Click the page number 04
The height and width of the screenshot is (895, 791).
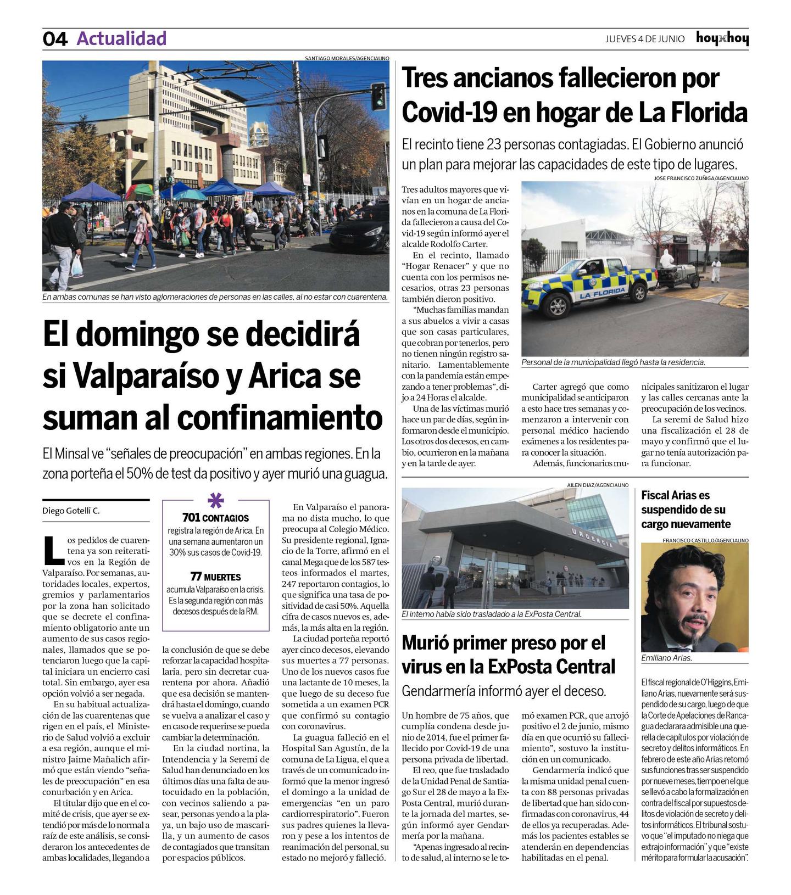55,39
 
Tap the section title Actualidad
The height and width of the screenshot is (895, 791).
121,38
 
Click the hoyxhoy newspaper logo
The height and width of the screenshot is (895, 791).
722,38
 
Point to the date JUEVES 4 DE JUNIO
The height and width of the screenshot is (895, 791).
645,39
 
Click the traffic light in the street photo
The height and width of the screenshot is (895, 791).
378,96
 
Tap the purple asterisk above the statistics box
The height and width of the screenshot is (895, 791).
216,501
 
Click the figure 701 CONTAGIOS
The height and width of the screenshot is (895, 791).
215,518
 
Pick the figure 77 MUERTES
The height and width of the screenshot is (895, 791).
215,577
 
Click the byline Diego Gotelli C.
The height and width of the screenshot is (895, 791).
71,511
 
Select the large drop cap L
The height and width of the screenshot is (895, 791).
53,550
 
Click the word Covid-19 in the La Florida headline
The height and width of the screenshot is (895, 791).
449,113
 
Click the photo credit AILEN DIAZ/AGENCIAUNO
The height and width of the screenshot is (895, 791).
598,485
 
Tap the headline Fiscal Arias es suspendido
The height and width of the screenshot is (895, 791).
686,510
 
